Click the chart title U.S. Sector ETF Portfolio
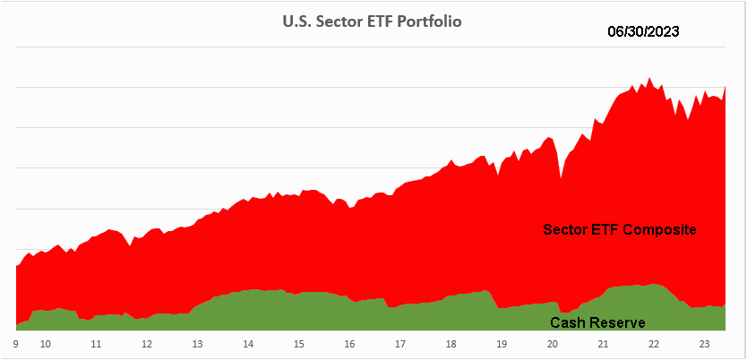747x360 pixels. pos(373,21)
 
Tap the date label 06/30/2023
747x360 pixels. pos(643,31)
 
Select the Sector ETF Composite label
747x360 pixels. pos(620,230)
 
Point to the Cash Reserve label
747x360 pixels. pos(597,322)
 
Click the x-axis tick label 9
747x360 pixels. pos(17,343)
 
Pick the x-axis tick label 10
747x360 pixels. pos(45,343)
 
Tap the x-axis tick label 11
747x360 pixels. pos(96,343)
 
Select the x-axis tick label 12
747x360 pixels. pos(146,343)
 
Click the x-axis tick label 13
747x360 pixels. pos(197,343)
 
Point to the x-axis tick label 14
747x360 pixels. pos(248,343)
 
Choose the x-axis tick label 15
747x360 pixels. pos(299,343)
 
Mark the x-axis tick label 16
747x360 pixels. pos(349,343)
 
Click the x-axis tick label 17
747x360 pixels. pos(400,343)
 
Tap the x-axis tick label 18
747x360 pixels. pos(451,343)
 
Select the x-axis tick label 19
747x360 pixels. pos(502,343)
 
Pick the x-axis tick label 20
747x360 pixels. pos(553,343)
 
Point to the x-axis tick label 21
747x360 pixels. pos(604,343)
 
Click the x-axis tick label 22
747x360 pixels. pos(655,343)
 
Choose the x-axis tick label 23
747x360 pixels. pos(705,343)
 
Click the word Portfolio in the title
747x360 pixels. pos(432,21)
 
